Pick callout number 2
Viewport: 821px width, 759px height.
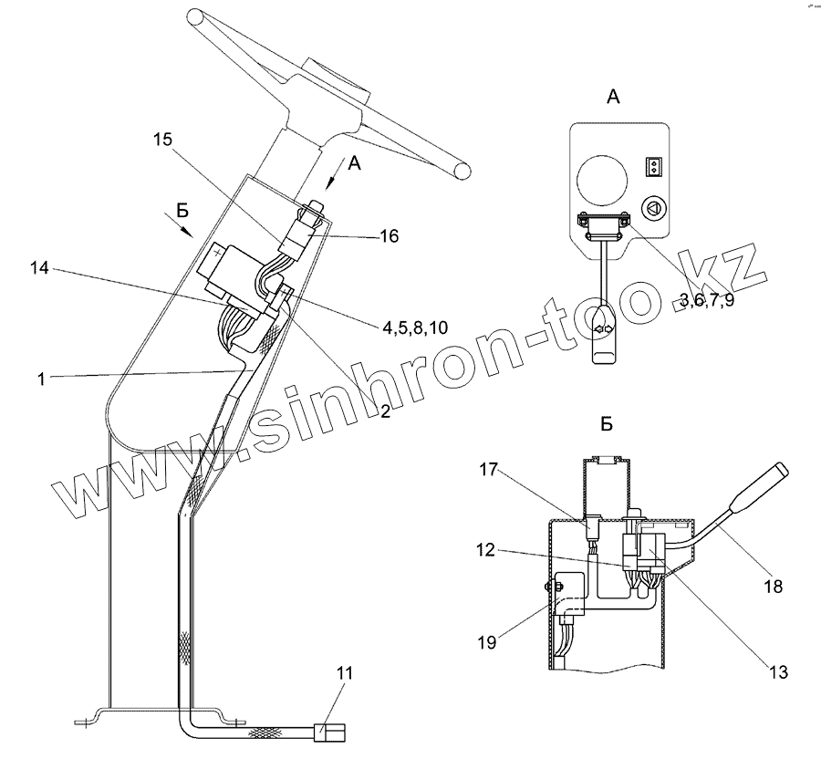coord(386,411)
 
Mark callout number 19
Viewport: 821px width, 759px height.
coord(488,642)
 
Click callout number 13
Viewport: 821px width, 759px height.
coord(776,672)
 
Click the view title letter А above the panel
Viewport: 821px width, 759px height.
coord(614,98)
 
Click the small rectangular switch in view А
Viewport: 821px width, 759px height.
coord(652,167)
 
